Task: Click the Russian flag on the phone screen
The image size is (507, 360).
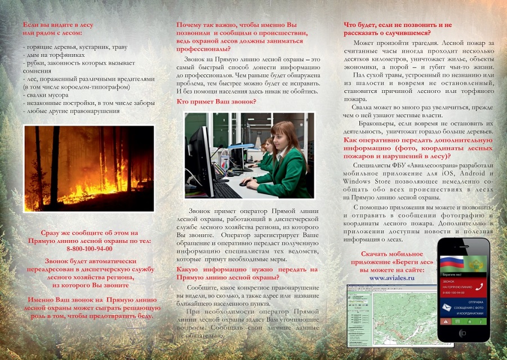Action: click(451, 262)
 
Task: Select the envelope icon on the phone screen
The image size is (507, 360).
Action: click(447, 307)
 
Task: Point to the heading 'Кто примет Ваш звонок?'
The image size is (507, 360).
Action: click(216, 101)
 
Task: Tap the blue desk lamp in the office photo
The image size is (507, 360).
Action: click(246, 145)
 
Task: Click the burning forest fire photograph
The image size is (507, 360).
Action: click(89, 168)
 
